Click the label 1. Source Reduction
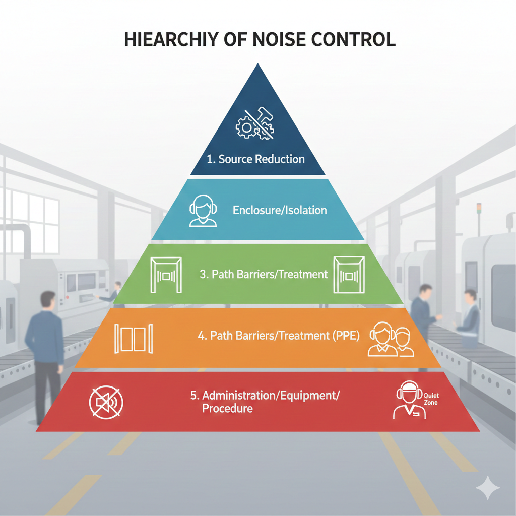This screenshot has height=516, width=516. tap(256, 159)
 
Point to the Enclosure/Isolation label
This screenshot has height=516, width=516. tap(280, 210)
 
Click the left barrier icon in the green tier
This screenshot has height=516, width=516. tap(166, 275)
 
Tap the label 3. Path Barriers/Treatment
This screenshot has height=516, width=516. tap(263, 275)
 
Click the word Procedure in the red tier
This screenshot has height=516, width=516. tap(227, 408)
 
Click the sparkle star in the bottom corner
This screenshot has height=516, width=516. tap(487, 488)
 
